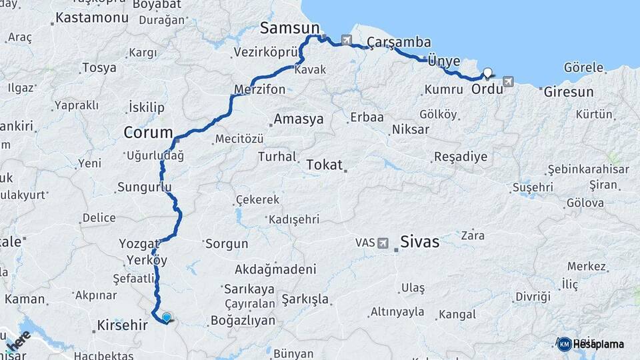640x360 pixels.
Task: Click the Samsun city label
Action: point(289,28)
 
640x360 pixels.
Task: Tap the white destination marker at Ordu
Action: point(487,73)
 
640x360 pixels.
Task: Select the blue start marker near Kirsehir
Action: point(166,318)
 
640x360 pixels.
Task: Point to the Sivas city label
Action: point(419,241)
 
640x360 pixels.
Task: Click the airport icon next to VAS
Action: point(383,243)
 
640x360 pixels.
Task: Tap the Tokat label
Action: point(324,164)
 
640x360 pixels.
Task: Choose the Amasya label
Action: point(299,119)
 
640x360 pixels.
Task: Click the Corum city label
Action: point(148,133)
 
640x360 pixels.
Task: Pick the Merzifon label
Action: point(260,89)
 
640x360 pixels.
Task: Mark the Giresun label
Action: point(568,92)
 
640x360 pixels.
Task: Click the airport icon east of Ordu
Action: point(509,81)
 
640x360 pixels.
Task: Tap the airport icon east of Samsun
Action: point(347,40)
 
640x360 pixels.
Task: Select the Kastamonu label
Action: point(92,17)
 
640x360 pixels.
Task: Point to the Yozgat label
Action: point(139,243)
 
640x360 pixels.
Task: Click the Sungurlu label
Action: point(144,187)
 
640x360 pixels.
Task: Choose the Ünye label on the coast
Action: point(443,61)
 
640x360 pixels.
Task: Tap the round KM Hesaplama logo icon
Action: point(565,344)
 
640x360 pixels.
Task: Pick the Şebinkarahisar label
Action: point(588,169)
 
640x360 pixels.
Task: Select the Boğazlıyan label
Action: point(243,320)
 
